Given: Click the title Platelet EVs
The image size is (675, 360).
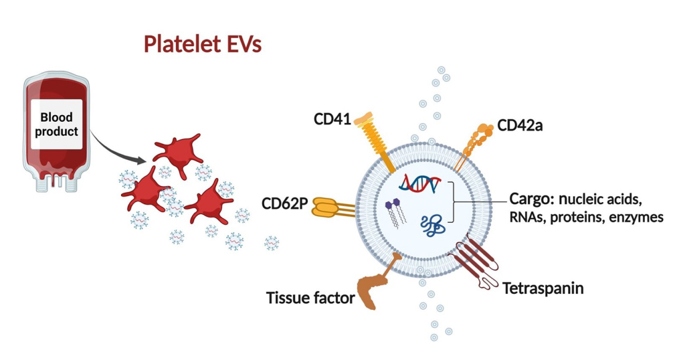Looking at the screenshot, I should click(x=202, y=45).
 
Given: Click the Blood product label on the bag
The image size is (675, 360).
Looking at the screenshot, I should click(x=57, y=124).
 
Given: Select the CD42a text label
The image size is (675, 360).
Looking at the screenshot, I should click(x=520, y=126).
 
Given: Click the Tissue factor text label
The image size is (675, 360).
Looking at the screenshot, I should click(x=310, y=297).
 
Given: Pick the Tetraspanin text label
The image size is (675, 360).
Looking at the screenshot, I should click(x=543, y=288).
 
